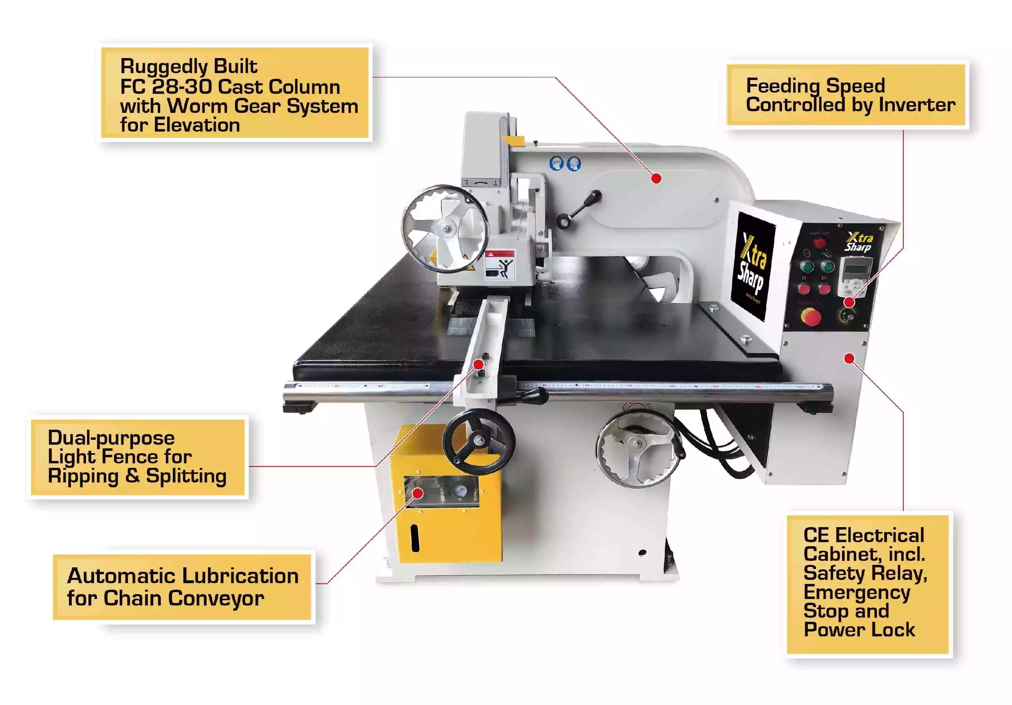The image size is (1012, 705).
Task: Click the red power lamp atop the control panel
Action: (x=819, y=243)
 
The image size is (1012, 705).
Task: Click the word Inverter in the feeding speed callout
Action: (x=917, y=105)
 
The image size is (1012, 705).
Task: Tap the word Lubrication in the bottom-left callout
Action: (x=240, y=576)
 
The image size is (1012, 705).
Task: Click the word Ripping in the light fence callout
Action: (x=83, y=476)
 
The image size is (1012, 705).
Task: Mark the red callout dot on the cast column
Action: (x=656, y=178)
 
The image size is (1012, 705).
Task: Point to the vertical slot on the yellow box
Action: (x=415, y=538)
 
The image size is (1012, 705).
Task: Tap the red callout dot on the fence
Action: (x=478, y=364)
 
